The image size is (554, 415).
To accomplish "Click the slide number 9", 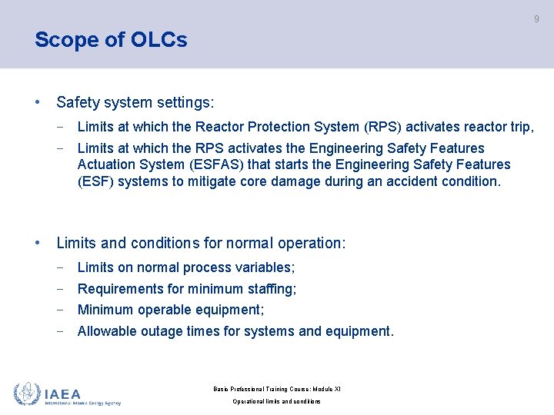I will point(536,19).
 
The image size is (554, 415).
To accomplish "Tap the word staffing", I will point(270,289).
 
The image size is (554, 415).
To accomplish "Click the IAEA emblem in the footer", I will point(27,393).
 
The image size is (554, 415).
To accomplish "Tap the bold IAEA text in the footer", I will point(62,393).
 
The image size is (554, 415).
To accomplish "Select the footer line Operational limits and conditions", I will point(277,401).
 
